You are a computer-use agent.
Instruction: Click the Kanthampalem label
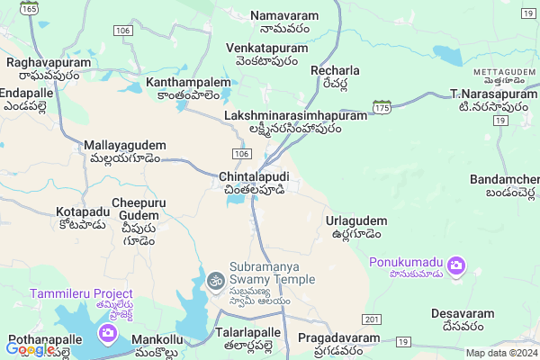click(188, 87)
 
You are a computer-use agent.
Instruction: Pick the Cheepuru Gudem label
click(139, 216)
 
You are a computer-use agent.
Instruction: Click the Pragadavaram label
click(339, 343)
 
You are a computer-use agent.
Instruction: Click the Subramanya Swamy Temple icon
click(215, 282)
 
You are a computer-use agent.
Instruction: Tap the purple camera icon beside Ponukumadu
click(457, 265)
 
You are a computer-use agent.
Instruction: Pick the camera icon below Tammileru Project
click(109, 335)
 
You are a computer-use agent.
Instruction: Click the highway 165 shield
click(31, 8)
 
